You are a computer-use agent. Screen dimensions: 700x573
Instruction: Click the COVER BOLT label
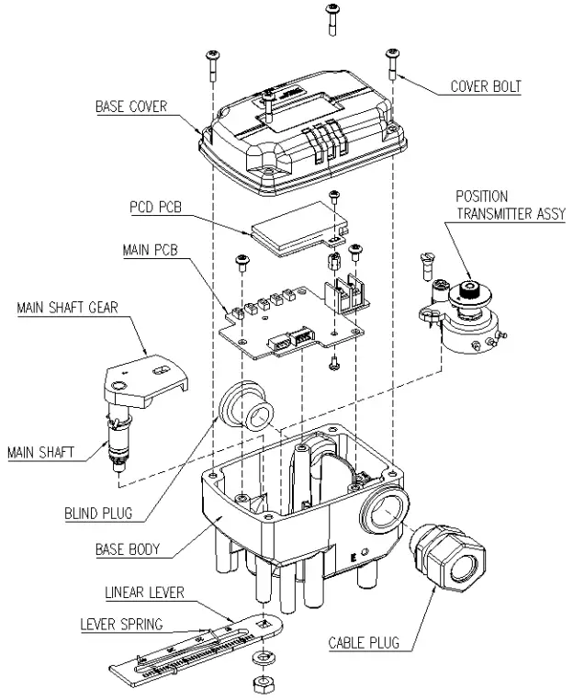pos(485,88)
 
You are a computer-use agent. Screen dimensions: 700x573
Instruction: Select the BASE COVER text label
pos(131,107)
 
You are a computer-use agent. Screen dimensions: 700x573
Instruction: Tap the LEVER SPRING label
pos(120,625)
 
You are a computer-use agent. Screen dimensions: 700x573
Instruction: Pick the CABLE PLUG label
pos(364,643)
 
